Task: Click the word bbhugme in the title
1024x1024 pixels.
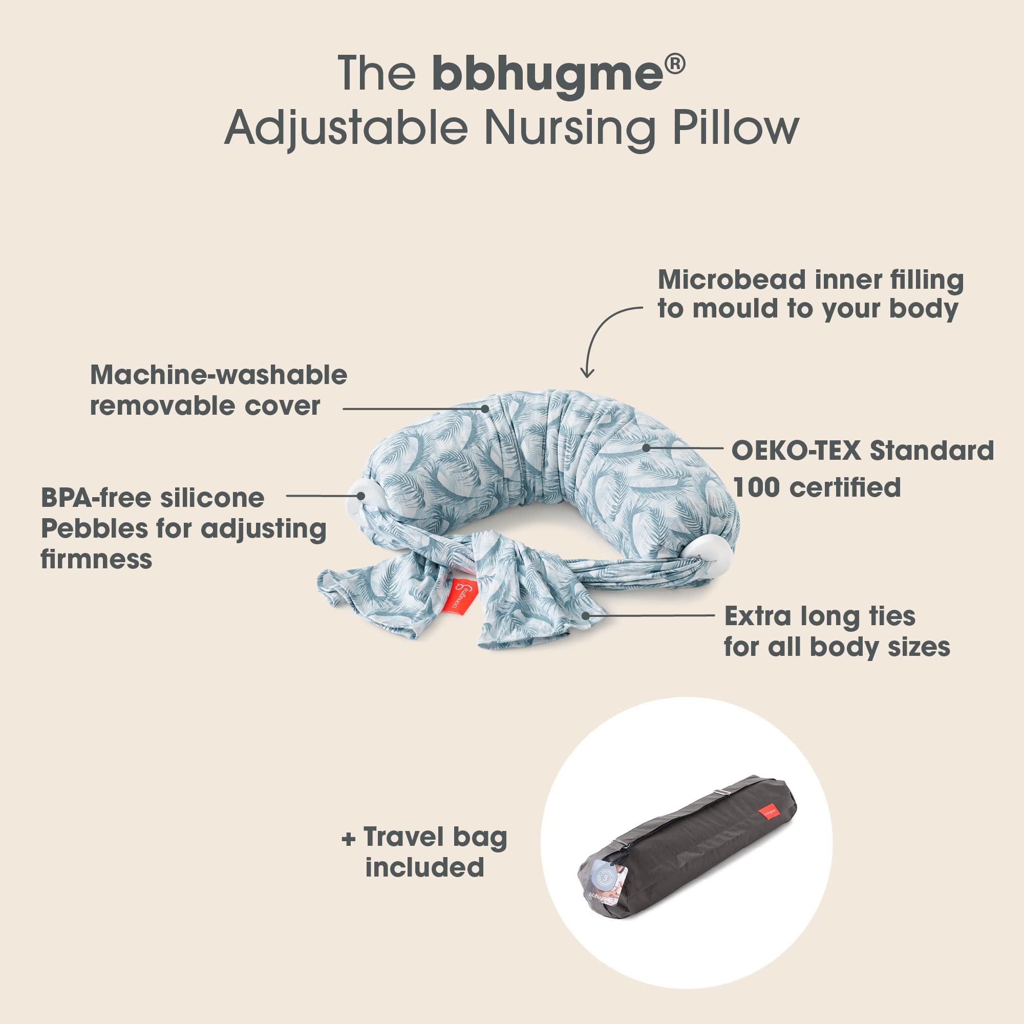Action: [547, 74]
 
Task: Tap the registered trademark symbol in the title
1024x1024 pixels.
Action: [675, 63]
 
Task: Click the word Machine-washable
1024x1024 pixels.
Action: [219, 375]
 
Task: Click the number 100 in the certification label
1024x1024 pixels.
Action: [757, 487]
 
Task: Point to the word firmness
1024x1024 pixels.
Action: [96, 559]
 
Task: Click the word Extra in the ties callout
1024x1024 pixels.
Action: [758, 616]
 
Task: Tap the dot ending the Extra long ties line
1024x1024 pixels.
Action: [585, 615]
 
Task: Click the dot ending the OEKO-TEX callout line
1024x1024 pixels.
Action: [646, 448]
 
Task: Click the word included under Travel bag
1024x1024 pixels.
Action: [424, 867]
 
